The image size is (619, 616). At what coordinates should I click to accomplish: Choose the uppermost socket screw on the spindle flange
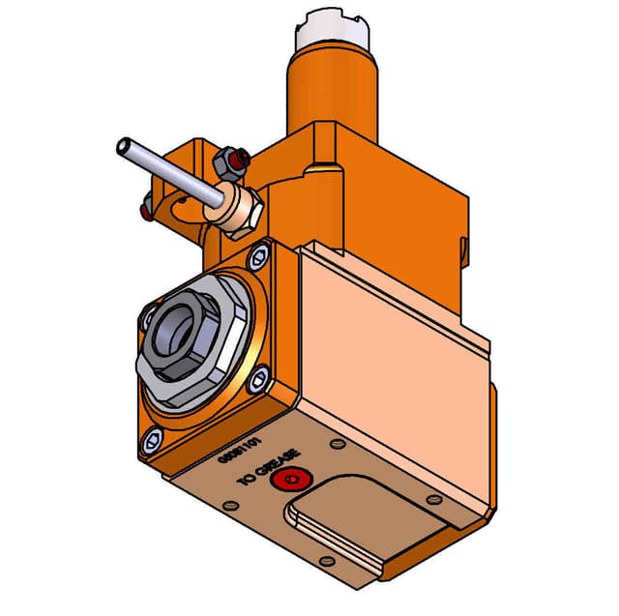point(258,258)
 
